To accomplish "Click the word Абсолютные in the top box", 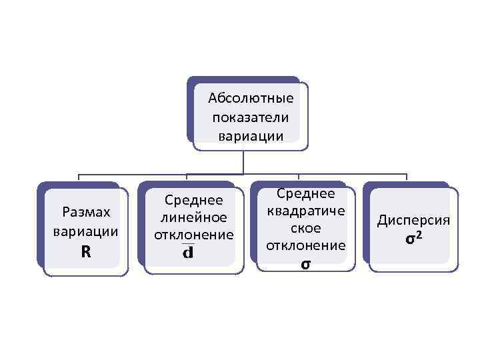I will click(251, 99).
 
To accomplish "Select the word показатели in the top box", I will click(251, 117).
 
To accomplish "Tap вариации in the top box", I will click(251, 136).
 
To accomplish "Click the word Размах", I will click(85, 213).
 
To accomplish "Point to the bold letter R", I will click(85, 252).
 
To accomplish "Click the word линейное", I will click(193, 217).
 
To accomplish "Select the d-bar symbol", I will click(188, 253).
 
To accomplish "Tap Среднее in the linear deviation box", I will click(193, 200).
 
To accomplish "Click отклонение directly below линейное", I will click(193, 235).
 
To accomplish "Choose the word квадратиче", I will click(305, 211).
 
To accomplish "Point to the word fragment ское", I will click(305, 229).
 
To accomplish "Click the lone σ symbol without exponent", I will click(305, 264).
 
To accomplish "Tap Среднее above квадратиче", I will click(305, 194).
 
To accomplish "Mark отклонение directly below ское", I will click(305, 246).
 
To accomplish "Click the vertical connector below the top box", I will click(243, 161).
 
